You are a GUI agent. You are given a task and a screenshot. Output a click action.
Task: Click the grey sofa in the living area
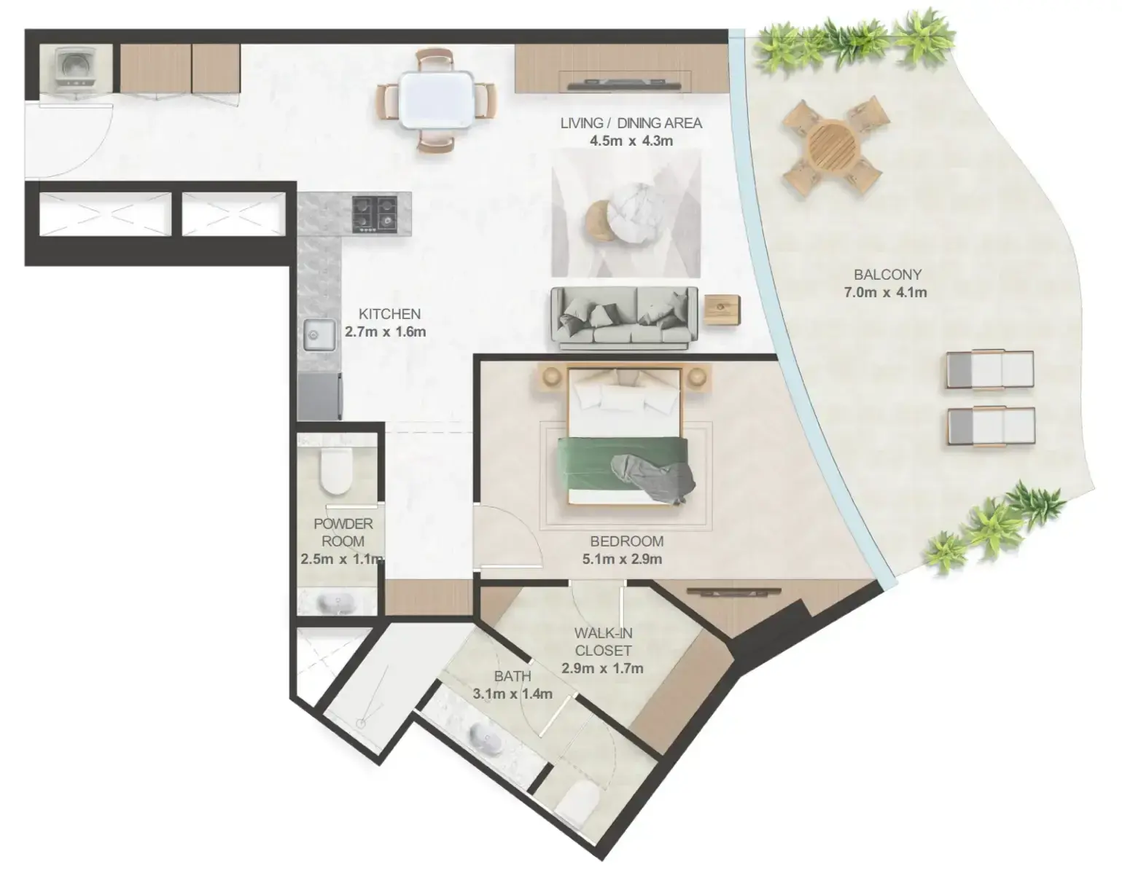624,318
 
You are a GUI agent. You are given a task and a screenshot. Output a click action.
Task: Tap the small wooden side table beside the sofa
722,310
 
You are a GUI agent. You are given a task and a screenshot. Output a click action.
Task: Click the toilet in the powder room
335,471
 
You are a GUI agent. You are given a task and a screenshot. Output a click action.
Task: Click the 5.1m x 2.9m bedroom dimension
622,559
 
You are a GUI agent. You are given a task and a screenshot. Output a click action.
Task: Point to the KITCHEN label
390,313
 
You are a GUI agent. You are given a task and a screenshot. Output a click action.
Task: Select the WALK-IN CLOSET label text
603,642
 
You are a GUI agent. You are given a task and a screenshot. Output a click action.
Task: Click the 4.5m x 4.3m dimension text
631,141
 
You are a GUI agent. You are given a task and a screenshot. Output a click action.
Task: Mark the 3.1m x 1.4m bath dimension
513,694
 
